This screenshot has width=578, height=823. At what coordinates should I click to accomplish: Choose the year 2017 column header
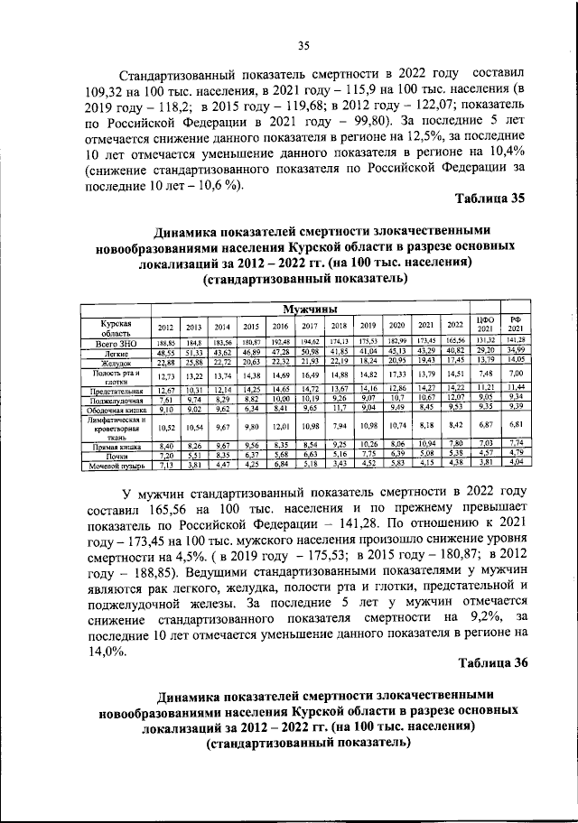tap(309, 326)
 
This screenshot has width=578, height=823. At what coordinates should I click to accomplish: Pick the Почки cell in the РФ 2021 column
tap(517, 453)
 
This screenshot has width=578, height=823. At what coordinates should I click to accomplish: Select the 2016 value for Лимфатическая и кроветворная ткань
tap(281, 425)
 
